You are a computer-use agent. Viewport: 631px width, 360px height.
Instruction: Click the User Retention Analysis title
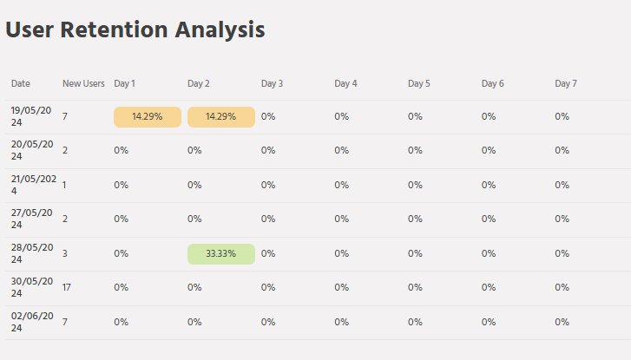[x=135, y=29]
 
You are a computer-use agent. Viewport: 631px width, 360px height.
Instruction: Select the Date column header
[x=21, y=83]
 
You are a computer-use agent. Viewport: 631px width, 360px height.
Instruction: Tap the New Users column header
[x=83, y=83]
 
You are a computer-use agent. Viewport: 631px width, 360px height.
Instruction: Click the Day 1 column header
[x=125, y=83]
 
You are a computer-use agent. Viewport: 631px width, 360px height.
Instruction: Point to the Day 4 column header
[x=345, y=83]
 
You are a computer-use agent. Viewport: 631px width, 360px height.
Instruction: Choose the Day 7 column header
[x=566, y=83]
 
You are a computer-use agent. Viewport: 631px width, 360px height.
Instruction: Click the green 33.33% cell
[x=220, y=253]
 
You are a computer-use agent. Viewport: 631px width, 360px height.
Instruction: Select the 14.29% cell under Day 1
[x=148, y=116]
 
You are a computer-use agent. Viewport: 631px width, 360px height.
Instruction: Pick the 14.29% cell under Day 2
[x=220, y=116]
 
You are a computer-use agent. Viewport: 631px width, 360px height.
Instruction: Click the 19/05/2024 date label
[x=32, y=116]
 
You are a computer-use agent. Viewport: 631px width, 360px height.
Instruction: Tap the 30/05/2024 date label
[x=32, y=287]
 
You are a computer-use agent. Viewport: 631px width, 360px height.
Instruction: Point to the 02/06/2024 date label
[x=32, y=322]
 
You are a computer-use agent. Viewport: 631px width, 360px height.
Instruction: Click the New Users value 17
[x=67, y=287]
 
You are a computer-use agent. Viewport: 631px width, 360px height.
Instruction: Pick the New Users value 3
[x=65, y=253]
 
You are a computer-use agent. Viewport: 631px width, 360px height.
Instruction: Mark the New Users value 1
[x=64, y=185]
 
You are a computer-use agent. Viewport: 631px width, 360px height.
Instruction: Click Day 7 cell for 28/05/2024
[x=562, y=253]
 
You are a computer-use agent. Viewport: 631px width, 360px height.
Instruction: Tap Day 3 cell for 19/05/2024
[x=268, y=116]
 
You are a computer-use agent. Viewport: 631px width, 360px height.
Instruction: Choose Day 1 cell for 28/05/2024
[x=122, y=253]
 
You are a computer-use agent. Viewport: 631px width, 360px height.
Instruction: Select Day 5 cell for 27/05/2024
[x=416, y=219]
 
